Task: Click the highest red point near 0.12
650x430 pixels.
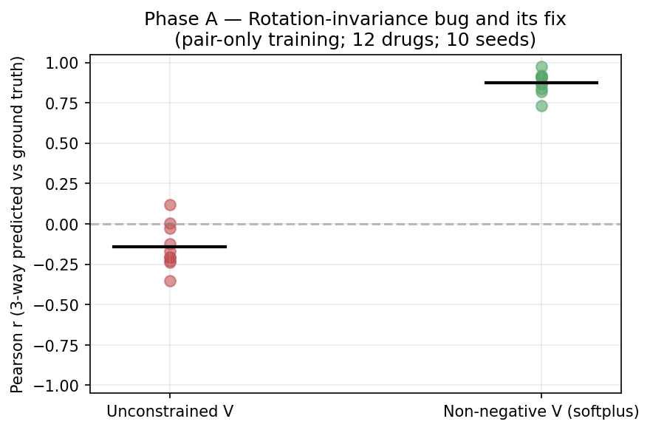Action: (170, 205)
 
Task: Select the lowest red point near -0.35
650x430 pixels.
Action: (170, 281)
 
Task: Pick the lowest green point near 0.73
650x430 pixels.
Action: (541, 106)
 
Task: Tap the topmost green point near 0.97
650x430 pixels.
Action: (541, 67)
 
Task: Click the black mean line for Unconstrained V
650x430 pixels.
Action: (170, 246)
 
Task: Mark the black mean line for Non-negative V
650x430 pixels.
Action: (541, 82)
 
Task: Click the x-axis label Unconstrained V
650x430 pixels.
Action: (170, 412)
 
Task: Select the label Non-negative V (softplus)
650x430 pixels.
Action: (541, 412)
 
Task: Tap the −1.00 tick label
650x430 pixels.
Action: (64, 385)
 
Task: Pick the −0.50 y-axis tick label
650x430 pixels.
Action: (64, 304)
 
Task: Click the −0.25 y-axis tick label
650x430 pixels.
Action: (64, 265)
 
